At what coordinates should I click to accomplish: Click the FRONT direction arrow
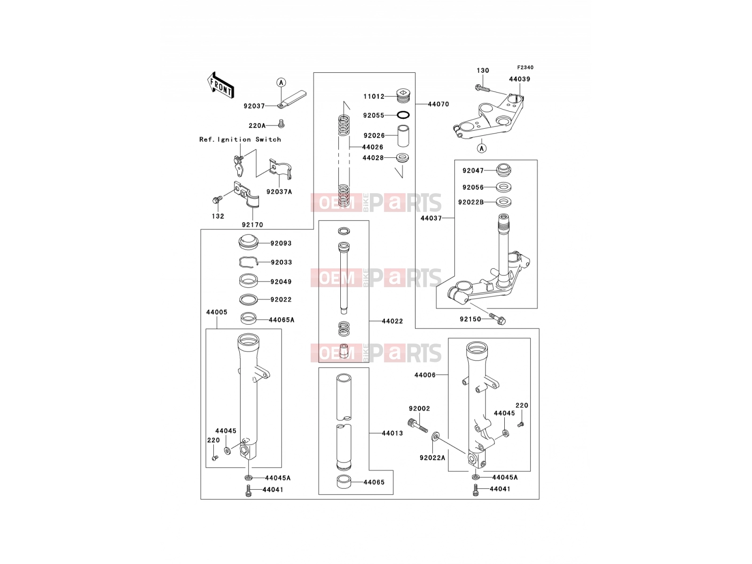tap(220, 85)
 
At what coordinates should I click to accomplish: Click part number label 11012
tap(374, 96)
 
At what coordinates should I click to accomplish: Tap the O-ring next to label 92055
tap(403, 115)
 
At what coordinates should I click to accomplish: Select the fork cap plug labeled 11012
tap(403, 96)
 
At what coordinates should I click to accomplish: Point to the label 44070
tap(438, 104)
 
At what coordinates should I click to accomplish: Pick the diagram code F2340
tap(525, 68)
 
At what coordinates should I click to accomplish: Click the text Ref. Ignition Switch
tap(240, 140)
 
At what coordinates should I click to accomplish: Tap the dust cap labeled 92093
tap(248, 242)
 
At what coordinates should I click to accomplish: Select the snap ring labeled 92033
tap(248, 262)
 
